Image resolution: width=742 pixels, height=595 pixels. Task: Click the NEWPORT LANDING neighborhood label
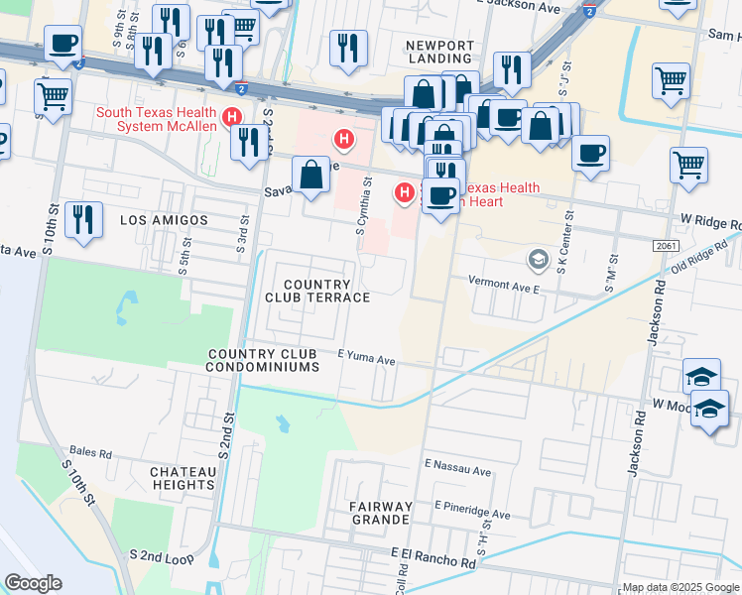(x=440, y=54)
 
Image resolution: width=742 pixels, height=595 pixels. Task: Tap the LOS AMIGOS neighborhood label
(x=164, y=219)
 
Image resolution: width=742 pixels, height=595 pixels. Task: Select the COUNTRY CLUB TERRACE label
(x=317, y=278)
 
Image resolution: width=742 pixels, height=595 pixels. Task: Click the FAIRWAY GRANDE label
(x=380, y=513)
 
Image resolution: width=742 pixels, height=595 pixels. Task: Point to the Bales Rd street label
(x=90, y=451)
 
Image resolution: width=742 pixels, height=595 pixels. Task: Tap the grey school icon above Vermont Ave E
(x=538, y=260)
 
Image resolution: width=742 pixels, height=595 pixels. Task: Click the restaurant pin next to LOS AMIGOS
(x=83, y=219)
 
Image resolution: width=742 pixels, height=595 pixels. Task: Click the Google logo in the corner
(x=34, y=583)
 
